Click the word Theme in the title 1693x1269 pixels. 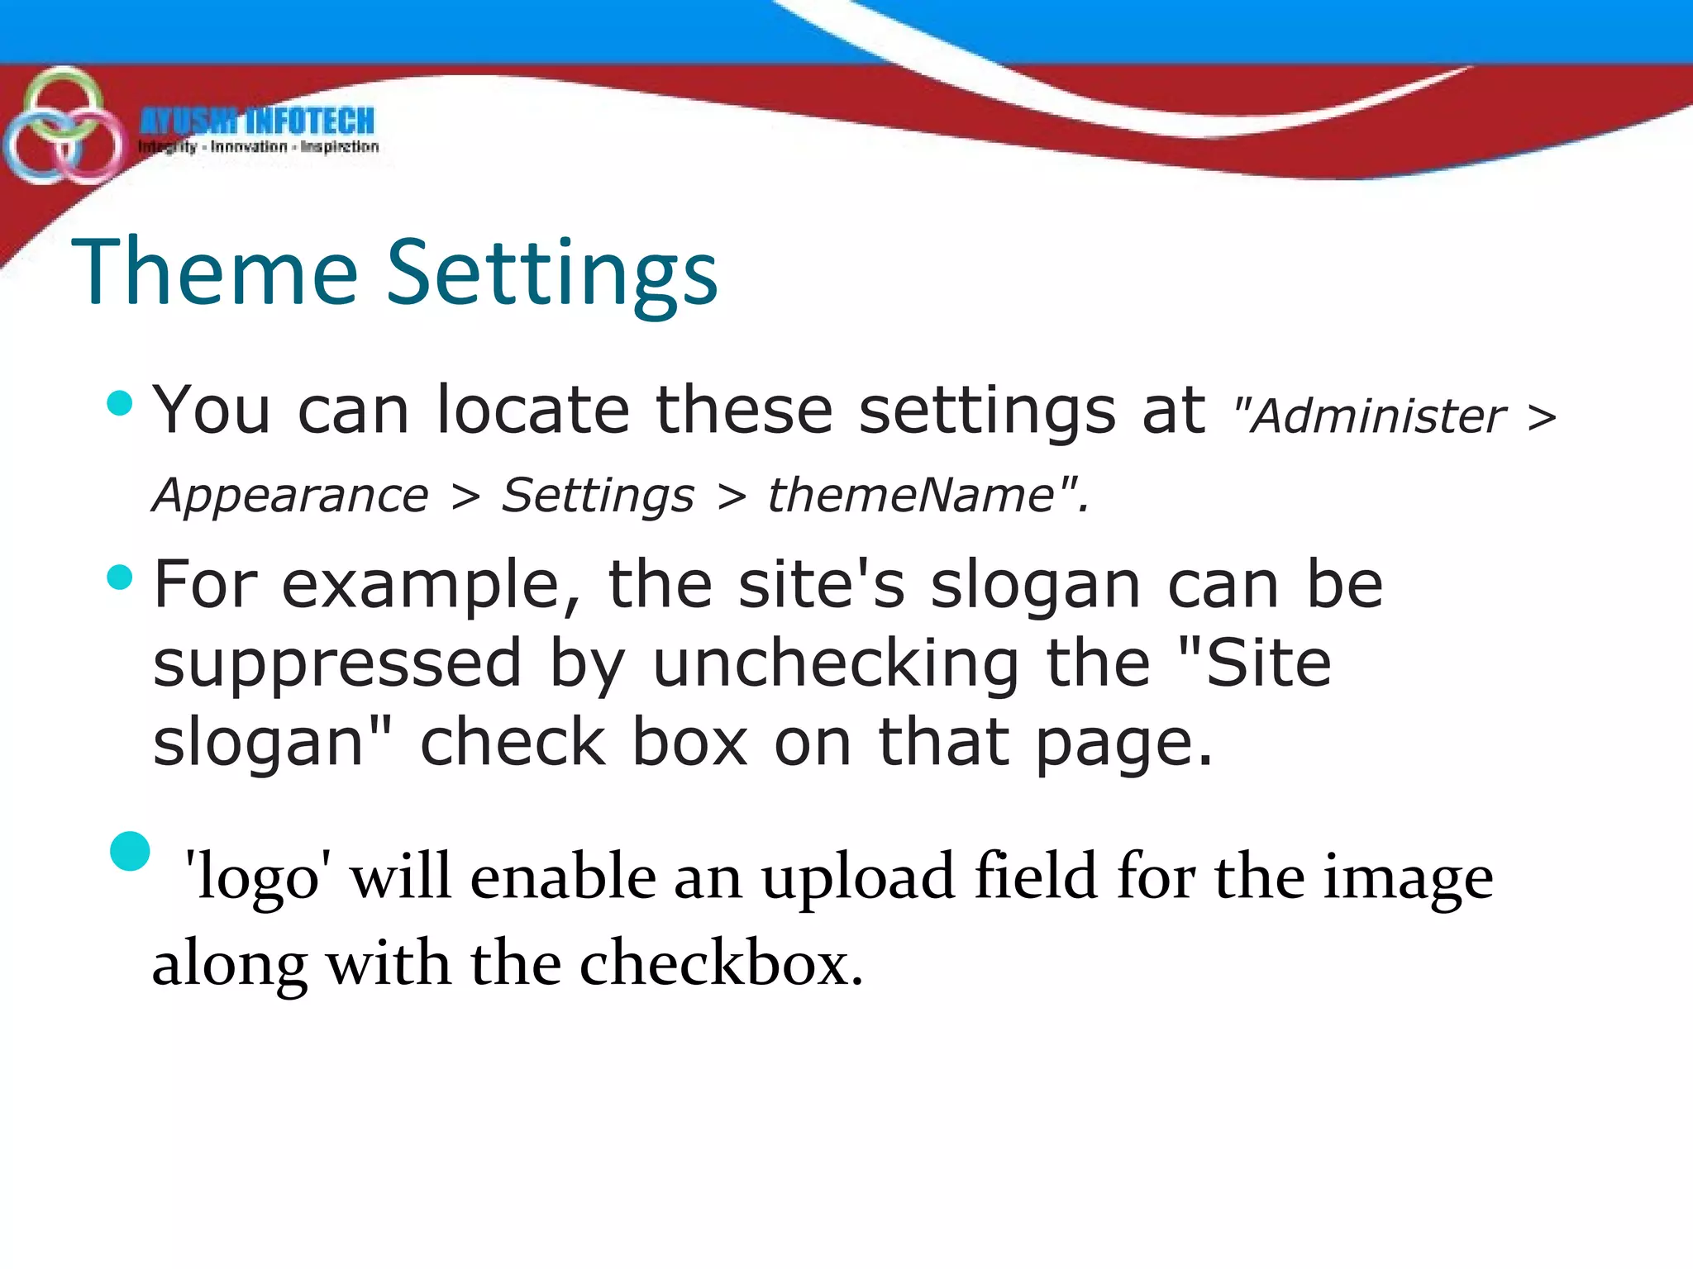click(215, 273)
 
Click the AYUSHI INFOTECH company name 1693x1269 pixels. click(257, 122)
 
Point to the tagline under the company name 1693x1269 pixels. click(259, 147)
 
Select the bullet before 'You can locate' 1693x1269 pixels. click(120, 403)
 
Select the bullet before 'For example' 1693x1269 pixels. click(120, 577)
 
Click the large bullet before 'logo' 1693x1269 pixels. click(130, 851)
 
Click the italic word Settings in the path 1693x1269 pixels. click(598, 496)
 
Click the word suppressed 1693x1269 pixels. click(337, 665)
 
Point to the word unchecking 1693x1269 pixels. click(836, 665)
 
